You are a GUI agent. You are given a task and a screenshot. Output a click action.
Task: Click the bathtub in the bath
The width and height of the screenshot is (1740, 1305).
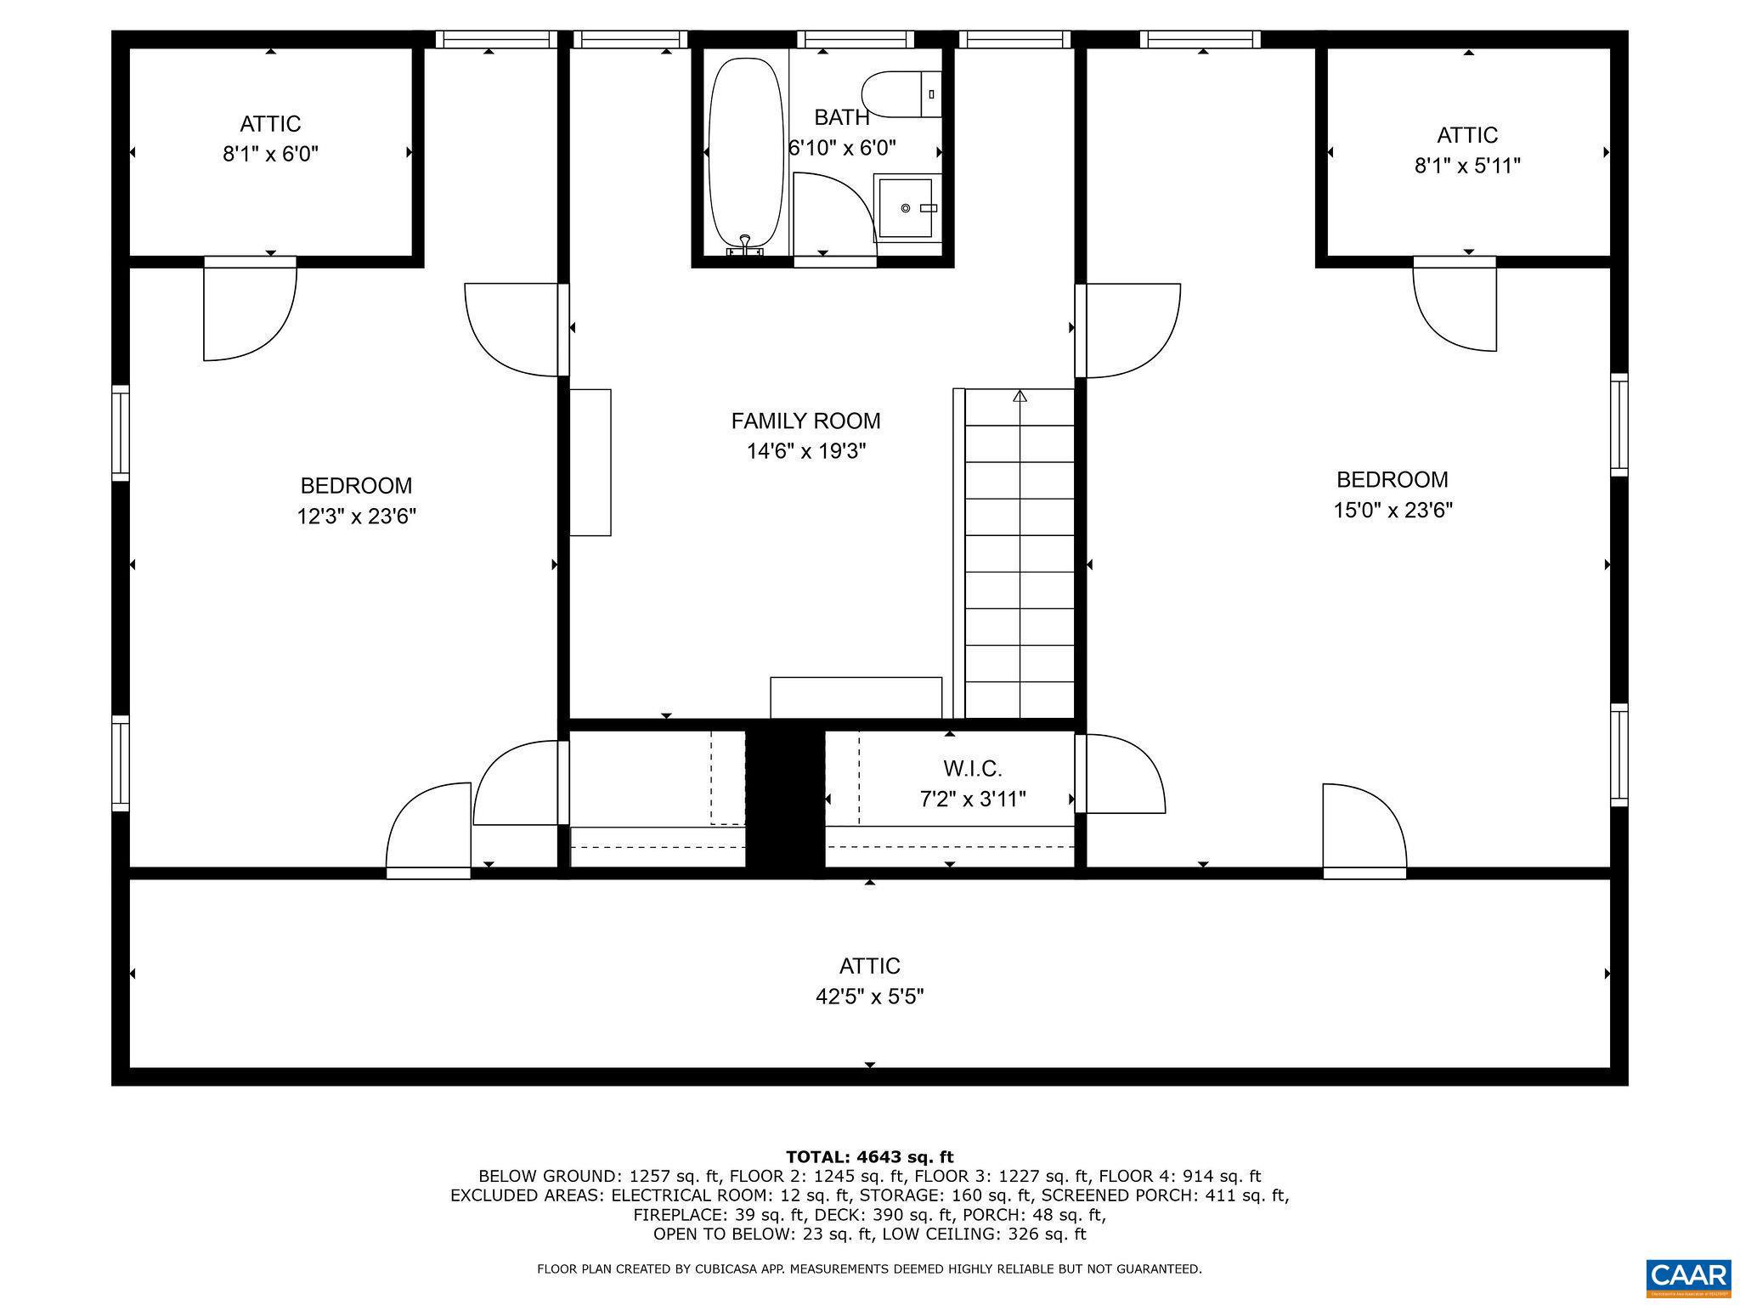[745, 153]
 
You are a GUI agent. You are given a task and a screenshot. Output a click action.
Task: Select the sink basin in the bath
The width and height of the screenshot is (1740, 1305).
[906, 207]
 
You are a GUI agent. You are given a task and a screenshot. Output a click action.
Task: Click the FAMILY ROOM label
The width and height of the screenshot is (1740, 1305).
[805, 421]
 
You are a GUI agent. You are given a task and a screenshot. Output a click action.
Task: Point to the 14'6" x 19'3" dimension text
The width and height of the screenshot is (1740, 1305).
[805, 451]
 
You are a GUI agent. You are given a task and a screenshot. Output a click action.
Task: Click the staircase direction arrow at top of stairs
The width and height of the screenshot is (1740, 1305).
[1020, 396]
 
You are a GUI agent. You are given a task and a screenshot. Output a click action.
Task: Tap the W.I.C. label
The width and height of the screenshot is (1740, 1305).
[973, 769]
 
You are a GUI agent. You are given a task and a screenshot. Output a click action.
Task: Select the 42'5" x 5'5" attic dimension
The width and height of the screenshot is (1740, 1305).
[869, 997]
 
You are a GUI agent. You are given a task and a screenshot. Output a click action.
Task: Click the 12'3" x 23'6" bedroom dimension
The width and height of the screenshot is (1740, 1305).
[356, 517]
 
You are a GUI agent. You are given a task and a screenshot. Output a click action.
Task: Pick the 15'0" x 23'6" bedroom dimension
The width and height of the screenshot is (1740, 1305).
[1393, 511]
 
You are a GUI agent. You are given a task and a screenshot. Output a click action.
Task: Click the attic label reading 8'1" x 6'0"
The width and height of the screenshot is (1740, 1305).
[270, 154]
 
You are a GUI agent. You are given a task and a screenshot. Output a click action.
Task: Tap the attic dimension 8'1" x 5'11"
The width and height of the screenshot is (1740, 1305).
[1467, 166]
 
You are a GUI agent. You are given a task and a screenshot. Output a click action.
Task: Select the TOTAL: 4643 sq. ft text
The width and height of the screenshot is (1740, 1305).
[869, 1156]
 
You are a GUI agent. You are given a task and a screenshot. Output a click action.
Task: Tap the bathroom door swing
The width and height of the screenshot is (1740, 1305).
[831, 212]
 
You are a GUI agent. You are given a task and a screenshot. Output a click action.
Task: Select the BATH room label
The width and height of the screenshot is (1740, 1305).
[841, 117]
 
